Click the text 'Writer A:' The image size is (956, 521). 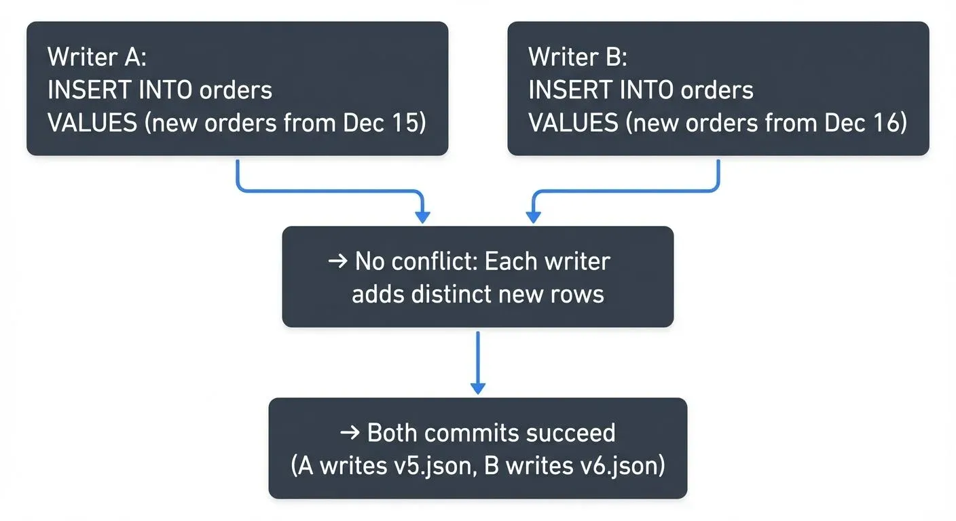(96, 57)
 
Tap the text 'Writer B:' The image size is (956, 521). (578, 57)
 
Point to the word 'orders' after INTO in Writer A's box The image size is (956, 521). (237, 90)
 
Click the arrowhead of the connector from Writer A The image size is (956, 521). (422, 217)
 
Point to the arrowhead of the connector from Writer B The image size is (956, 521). (534, 217)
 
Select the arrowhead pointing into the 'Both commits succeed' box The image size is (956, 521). (478, 388)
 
